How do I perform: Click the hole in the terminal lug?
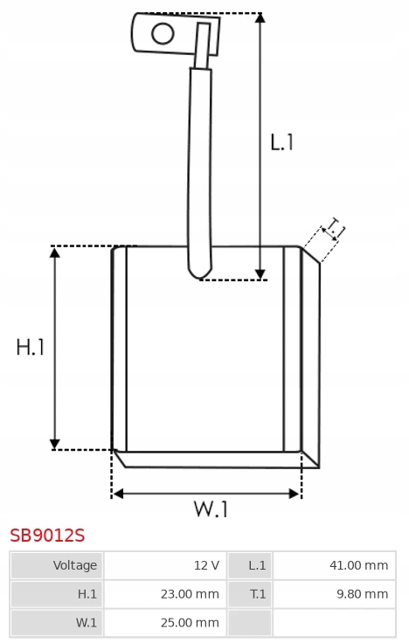(x=163, y=33)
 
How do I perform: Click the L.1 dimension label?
(x=281, y=142)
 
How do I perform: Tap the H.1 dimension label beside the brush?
(x=30, y=347)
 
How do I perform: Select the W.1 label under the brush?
(x=211, y=509)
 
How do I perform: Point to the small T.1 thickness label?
(x=334, y=228)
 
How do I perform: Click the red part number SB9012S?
(x=47, y=536)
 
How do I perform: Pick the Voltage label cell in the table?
(x=58, y=565)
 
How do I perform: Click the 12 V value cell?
(x=165, y=565)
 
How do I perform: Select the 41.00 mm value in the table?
(x=358, y=565)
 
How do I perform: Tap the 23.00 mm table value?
(x=190, y=594)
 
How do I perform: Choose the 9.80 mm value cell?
(x=335, y=594)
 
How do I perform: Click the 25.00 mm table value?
(x=190, y=623)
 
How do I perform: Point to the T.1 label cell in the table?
(x=250, y=594)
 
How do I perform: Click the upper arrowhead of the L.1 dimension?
(x=260, y=17)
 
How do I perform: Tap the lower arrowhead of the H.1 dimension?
(x=54, y=445)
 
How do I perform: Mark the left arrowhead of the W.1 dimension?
(x=117, y=494)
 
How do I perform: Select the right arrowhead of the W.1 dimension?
(x=295, y=494)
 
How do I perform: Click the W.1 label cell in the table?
(x=58, y=623)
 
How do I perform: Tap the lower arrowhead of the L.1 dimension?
(x=260, y=274)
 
